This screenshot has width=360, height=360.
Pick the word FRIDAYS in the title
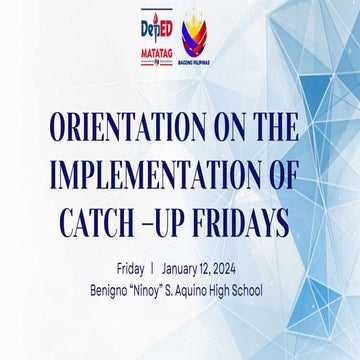[237, 220]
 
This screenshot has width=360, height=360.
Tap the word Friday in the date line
[130, 269]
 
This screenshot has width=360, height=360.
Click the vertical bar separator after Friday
[152, 269]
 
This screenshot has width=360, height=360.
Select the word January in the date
[187, 269]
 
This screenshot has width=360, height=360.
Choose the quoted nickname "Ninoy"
[153, 289]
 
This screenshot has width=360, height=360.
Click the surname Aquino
[204, 289]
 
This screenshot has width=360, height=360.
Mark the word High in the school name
[236, 289]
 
